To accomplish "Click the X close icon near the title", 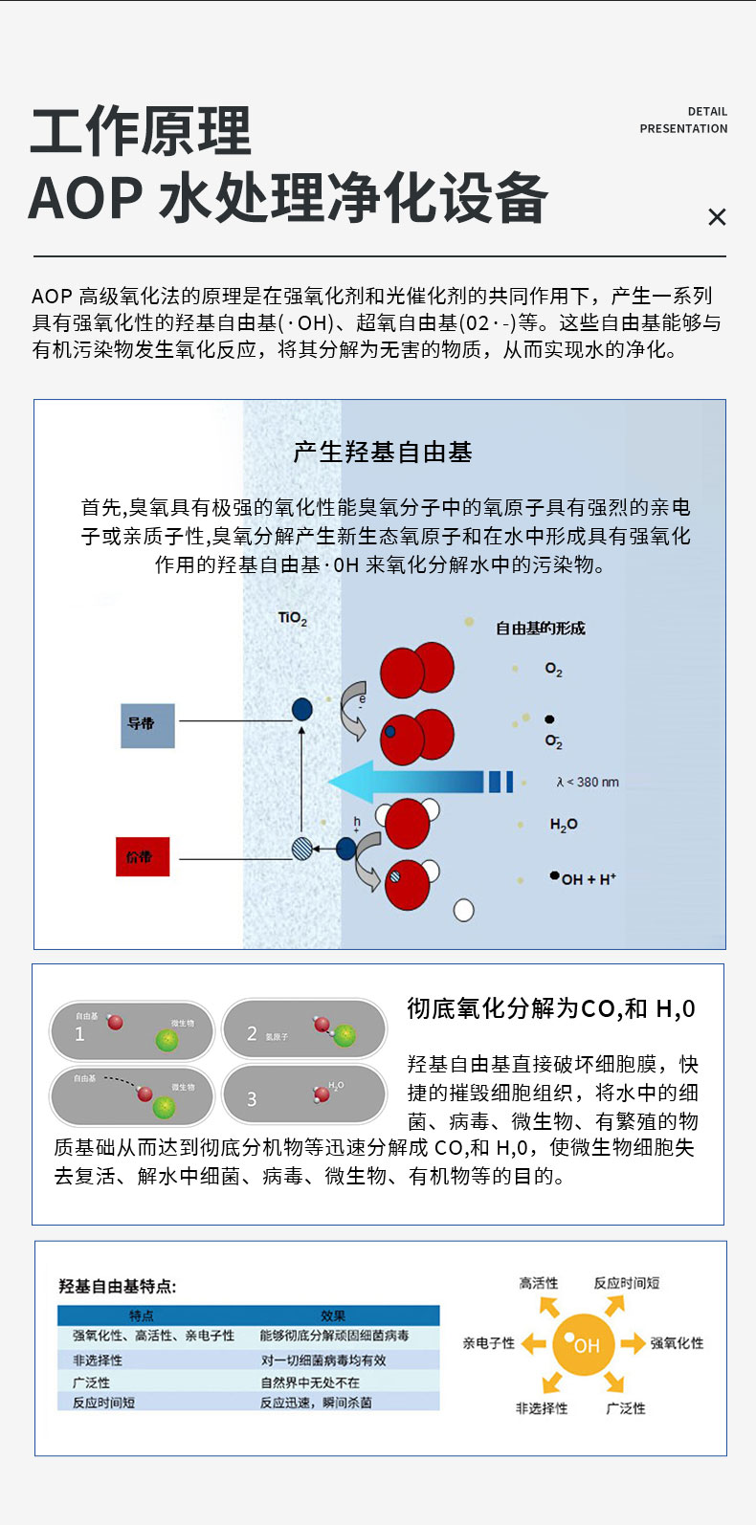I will [717, 217].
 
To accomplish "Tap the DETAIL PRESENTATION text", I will [683, 120].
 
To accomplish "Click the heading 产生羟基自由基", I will [383, 453].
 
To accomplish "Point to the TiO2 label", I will [293, 618].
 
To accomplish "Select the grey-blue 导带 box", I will [147, 725].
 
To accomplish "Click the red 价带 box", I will [143, 856].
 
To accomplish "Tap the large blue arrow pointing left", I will [411, 782].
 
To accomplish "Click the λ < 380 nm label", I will [588, 783].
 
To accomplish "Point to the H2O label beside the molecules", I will [564, 825].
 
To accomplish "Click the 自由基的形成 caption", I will [540, 629].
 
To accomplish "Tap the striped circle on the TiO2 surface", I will [302, 848].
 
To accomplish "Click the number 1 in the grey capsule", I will [79, 1034].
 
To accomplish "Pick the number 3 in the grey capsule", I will [252, 1099].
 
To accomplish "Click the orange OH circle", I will [583, 1345].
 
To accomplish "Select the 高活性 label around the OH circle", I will [538, 1283].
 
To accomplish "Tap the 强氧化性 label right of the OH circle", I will [677, 1343].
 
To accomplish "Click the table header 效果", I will [333, 1316].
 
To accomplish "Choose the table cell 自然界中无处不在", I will [310, 1382].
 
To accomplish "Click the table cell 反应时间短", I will [103, 1403].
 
